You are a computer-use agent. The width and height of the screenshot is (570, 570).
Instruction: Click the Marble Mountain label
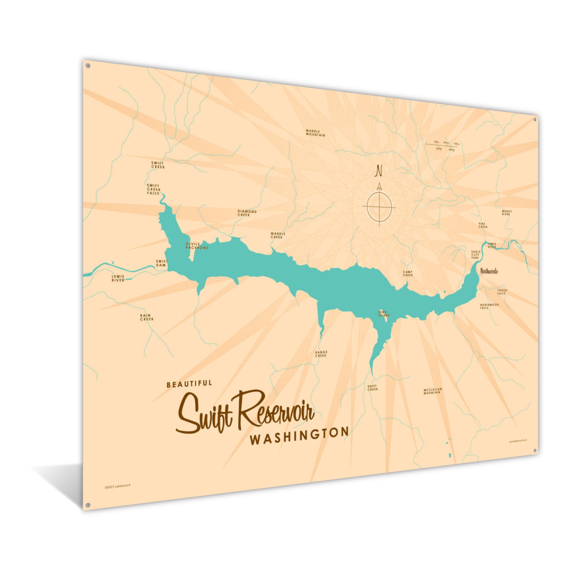[315, 133]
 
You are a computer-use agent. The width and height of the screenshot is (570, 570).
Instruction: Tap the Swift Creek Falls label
[153, 189]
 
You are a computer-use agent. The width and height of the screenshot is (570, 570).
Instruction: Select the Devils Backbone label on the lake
[197, 246]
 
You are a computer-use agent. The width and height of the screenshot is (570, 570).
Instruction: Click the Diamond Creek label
[247, 213]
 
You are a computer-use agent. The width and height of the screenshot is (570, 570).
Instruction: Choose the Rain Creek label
[146, 317]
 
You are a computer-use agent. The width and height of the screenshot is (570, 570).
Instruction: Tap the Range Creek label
[321, 354]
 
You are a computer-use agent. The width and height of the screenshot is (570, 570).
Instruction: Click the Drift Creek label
[372, 388]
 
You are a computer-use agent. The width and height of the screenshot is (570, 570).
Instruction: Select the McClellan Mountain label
[433, 391]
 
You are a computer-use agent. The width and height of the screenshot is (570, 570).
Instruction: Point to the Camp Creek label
[408, 274]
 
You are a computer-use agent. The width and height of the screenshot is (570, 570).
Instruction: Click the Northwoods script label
[489, 271]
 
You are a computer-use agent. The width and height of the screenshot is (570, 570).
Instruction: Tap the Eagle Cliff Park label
[476, 255]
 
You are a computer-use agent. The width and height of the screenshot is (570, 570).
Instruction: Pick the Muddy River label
[506, 213]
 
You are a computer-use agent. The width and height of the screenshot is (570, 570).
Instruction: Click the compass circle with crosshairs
[379, 206]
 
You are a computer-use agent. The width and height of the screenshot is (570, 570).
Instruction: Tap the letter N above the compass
[378, 171]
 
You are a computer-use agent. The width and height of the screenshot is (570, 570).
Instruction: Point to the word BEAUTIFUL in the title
[189, 384]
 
